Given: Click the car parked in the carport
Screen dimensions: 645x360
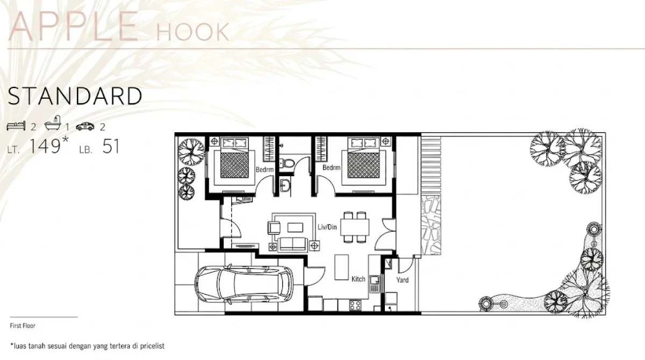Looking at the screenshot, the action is point(243,285).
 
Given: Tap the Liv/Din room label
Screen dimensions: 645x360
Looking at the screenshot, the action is point(327,227).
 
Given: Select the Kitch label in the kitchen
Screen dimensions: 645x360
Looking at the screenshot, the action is point(358,279).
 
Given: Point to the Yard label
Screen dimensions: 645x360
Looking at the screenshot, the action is point(402,280).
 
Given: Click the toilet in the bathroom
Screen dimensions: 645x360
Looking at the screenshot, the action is point(288,163).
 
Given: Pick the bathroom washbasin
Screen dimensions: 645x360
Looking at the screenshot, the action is point(285,185).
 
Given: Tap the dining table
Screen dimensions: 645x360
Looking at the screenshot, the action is point(355,227).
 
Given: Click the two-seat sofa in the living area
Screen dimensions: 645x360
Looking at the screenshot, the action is point(292,244).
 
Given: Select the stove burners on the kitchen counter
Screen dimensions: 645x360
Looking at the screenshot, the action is point(355,305).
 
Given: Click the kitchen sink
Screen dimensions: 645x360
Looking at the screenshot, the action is point(375,284).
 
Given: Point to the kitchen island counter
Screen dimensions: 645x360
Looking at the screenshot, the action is point(341,267).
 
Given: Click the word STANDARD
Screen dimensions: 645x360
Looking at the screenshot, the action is point(75,96).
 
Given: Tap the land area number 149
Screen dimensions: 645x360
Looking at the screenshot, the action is point(45,146).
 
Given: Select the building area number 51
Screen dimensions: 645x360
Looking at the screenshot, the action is point(111,146).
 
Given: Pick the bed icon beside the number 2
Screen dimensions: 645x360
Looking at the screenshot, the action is point(16,126).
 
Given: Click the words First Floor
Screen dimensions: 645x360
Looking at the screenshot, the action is point(23,326).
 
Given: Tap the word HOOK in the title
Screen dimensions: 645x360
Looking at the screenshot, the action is point(192,32).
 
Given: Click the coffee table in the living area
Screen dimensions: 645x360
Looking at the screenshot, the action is point(295,227).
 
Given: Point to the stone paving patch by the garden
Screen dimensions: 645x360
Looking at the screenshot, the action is point(431,225).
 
